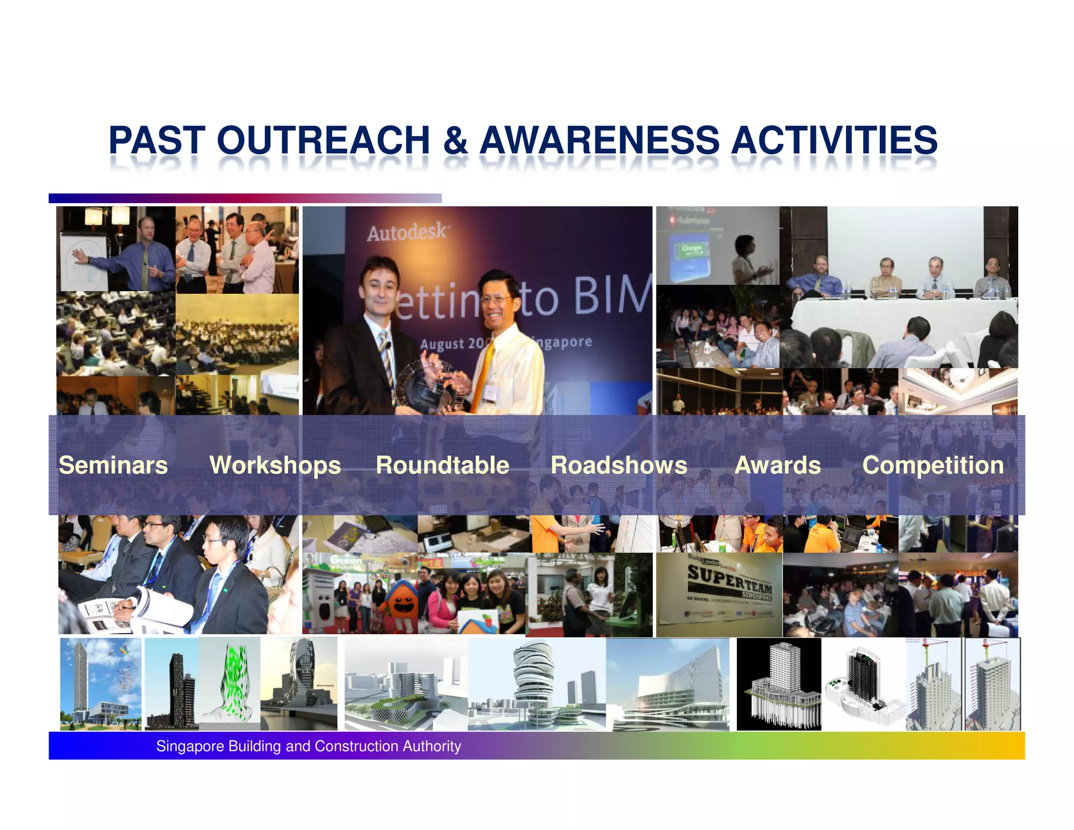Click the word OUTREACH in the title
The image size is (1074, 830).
[323, 141]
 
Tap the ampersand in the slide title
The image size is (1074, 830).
[455, 141]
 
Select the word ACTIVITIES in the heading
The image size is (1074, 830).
[834, 141]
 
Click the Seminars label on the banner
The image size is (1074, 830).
[113, 465]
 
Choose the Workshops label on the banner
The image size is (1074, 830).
[275, 465]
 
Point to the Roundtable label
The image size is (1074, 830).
[442, 465]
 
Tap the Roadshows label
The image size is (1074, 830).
[619, 465]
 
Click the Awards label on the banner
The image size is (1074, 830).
[778, 465]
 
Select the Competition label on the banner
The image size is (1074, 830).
[933, 465]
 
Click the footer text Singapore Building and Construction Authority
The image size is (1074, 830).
[308, 746]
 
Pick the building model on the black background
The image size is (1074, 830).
[779, 685]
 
